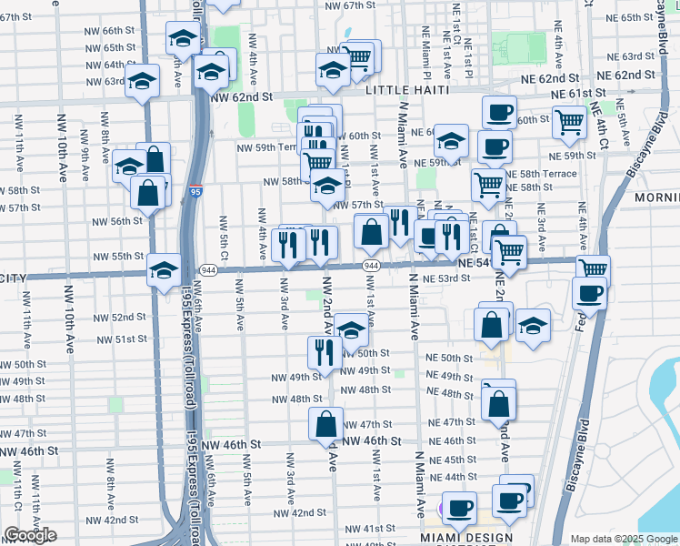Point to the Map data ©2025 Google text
coord(623,539)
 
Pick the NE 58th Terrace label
coord(540,173)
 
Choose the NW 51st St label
coord(124,339)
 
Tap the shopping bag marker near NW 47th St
coord(325,424)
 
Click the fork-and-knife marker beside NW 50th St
coord(325,353)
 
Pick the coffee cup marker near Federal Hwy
coord(590,295)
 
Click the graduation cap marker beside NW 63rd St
coord(142,82)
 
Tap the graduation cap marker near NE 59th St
coord(451,141)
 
